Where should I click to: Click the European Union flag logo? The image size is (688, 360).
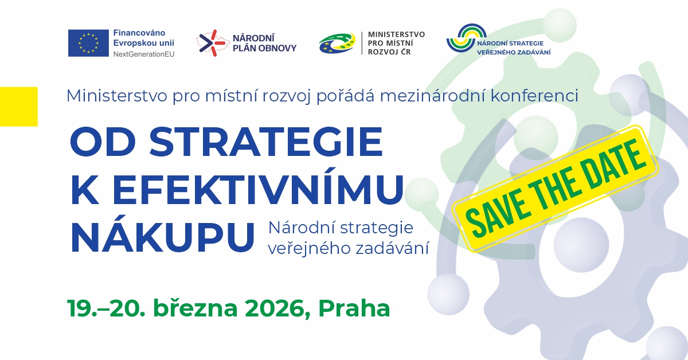click(x=88, y=43)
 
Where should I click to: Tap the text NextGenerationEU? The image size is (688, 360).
click(x=144, y=53)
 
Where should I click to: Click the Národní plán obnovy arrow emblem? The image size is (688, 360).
click(x=210, y=43)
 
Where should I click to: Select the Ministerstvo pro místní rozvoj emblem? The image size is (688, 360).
click(x=338, y=44)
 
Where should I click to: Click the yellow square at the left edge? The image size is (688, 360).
click(x=18, y=106)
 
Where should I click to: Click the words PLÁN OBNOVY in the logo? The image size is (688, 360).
click(x=264, y=48)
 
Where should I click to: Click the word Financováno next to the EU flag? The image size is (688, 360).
click(x=140, y=33)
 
